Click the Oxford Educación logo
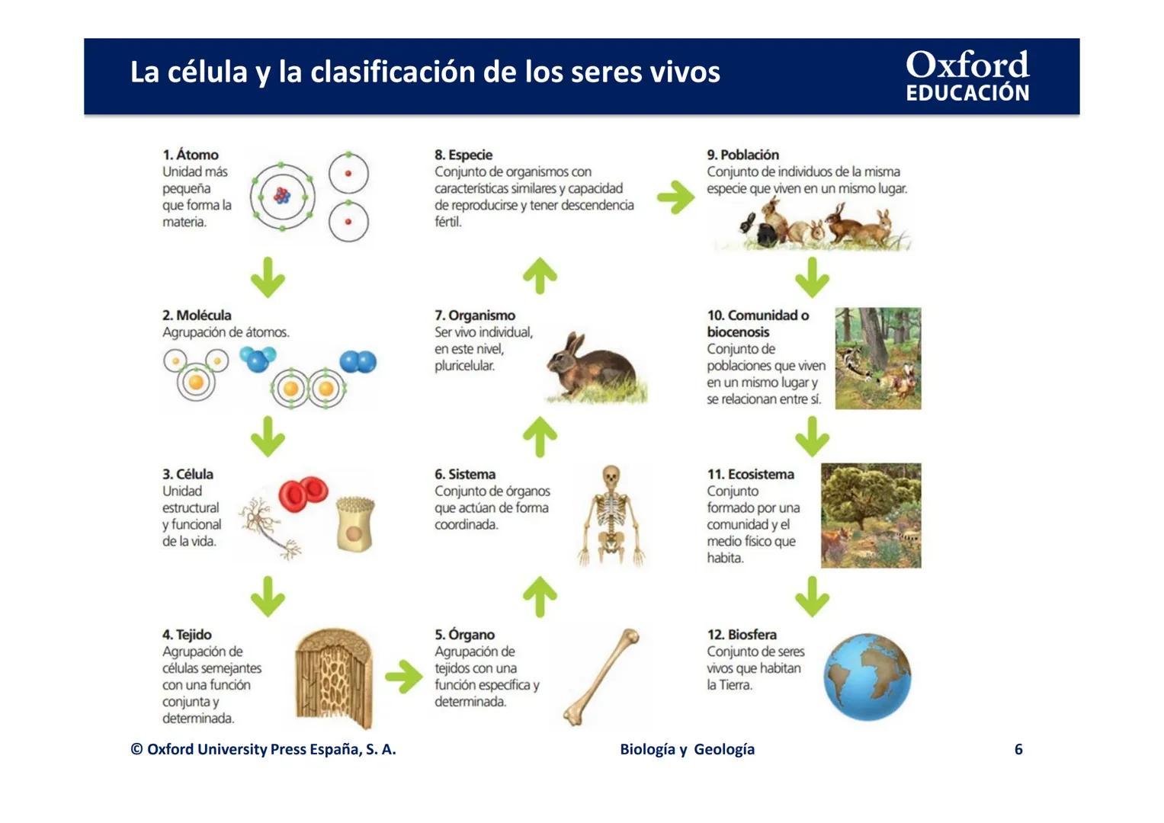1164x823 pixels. coord(967,76)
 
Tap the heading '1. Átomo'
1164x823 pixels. coord(190,155)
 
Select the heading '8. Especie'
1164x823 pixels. coord(463,155)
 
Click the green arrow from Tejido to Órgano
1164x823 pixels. coord(403,676)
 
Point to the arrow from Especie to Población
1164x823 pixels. coord(676,197)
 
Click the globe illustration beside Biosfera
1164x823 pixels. coord(867,677)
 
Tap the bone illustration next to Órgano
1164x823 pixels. coord(601,677)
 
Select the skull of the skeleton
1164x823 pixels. coord(611,478)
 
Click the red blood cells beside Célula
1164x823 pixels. coord(303,494)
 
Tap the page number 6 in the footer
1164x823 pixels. coord(1018,749)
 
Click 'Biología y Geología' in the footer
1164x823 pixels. coord(687,749)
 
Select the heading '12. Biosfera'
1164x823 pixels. coord(741,635)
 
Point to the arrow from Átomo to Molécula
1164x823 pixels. coord(268,277)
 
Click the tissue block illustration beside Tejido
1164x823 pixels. coord(334,677)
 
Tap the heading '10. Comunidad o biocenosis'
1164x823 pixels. coord(757,323)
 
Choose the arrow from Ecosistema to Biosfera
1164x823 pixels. coord(812,596)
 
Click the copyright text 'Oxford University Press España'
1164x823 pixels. coord(263,749)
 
